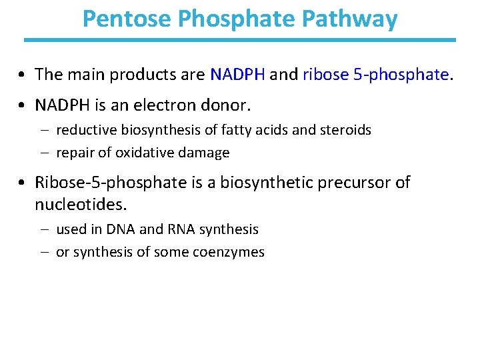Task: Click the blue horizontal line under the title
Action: tap(240, 40)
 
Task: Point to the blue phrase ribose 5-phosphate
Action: tap(375, 74)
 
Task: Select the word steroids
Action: tap(345, 130)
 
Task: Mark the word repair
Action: tap(75, 153)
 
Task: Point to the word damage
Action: tap(204, 153)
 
